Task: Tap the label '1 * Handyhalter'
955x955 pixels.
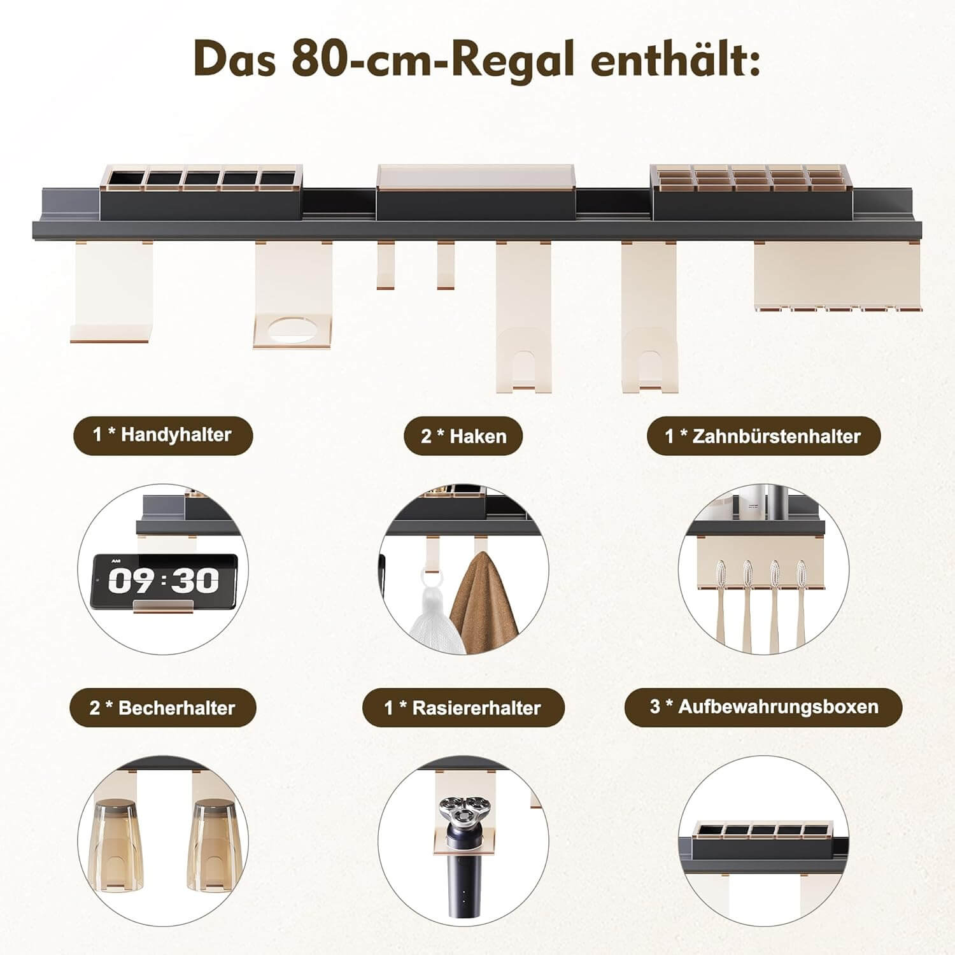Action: coord(162,435)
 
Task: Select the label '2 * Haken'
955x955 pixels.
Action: coord(463,436)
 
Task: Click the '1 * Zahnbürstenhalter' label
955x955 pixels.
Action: coord(763,436)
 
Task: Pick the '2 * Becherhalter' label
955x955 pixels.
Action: coord(162,707)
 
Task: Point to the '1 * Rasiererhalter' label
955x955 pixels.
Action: coord(463,707)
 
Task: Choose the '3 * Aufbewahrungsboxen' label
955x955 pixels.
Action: coord(763,707)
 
